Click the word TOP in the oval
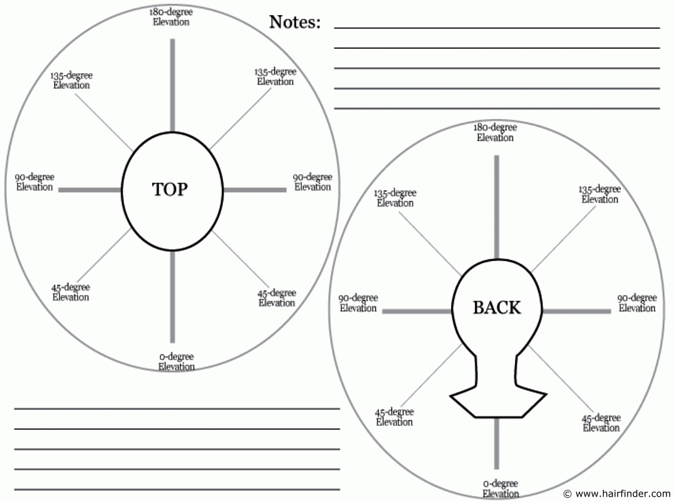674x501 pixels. coord(170,189)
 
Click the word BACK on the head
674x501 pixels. coord(497,307)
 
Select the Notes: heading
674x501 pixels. coord(294,23)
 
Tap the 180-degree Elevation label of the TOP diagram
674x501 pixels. coord(171,17)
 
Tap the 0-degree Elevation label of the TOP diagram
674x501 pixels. coord(176,362)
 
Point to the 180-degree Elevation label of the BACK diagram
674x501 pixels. coord(495,132)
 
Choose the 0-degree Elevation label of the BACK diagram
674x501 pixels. coord(500,488)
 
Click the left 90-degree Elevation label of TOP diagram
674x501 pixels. coord(34,182)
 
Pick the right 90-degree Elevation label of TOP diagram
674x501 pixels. coord(313,182)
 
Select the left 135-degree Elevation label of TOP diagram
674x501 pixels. coord(71,80)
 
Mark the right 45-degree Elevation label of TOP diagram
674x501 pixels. coord(277,298)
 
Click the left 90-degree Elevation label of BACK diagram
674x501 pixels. coord(358,303)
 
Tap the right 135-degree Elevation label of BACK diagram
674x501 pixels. coord(599,194)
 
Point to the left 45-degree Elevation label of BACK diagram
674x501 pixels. coord(395,417)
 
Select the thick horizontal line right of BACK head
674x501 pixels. coord(576,311)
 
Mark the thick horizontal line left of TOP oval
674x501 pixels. coord(90,189)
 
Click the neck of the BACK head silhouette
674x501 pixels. coord(497,369)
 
